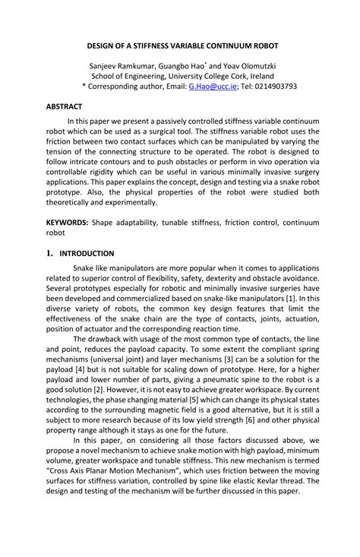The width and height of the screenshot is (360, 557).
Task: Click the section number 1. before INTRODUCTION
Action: point(50,254)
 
